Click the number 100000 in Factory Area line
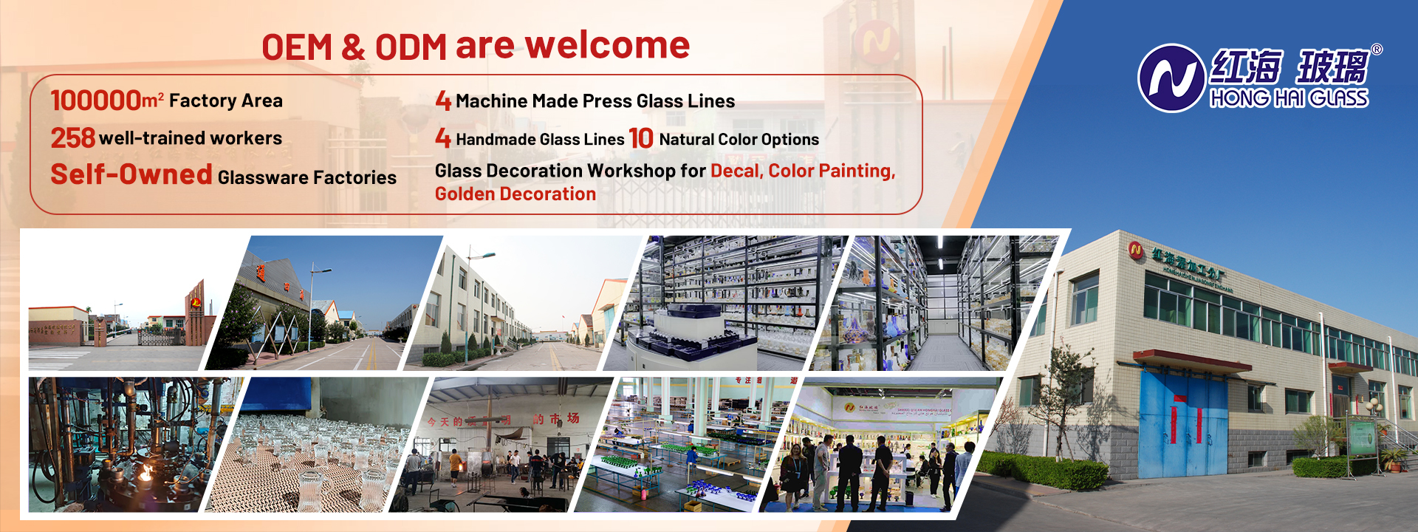(x=95, y=100)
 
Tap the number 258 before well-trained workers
(x=72, y=138)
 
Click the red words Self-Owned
(x=131, y=175)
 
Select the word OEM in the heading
(x=297, y=47)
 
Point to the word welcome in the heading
(x=607, y=46)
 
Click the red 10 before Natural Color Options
(x=640, y=138)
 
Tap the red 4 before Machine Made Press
(x=443, y=100)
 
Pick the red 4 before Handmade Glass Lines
(x=443, y=138)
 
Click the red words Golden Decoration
(x=516, y=194)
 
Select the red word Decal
(x=736, y=171)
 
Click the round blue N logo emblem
(x=1171, y=78)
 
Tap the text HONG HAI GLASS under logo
(x=1289, y=99)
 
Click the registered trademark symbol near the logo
(x=1377, y=50)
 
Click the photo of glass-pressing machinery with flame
(x=126, y=443)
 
